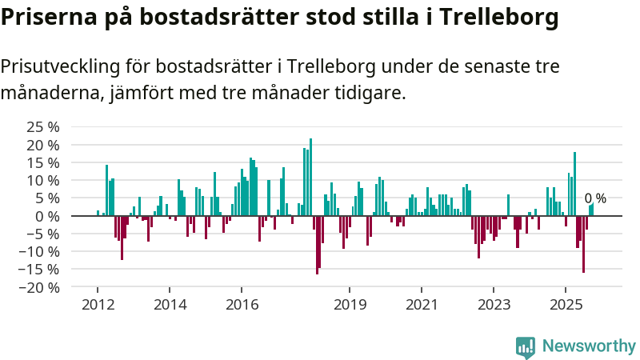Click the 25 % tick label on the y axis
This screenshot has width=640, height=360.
coord(42,127)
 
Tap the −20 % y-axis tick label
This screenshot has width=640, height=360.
coord(40,287)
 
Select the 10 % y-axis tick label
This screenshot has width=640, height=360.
coord(42,181)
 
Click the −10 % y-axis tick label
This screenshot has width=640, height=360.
coord(40,252)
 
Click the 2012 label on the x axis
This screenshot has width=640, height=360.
coord(98,305)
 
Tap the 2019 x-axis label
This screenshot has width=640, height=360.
coord(350,305)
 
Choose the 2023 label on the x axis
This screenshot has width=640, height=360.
coord(494,305)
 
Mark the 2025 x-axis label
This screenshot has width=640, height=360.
coord(566,305)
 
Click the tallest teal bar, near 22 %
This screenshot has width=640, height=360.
coord(310,176)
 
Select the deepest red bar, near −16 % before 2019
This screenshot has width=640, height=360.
coord(317,245)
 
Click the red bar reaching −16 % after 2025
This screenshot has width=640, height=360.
coord(583,244)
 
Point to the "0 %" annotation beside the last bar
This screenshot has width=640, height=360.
coord(595,198)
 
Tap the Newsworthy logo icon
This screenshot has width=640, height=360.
coord(526,346)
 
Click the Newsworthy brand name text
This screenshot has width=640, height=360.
coord(589,346)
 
